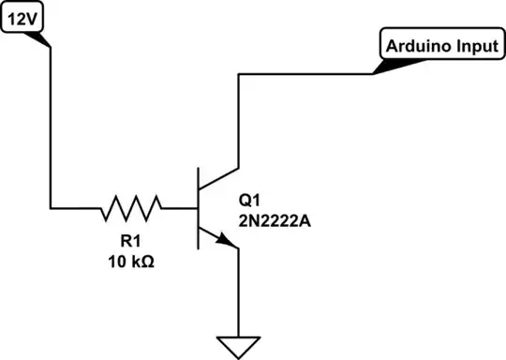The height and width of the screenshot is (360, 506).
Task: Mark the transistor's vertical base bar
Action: pos(200,206)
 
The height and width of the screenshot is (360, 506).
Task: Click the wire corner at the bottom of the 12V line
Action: pos(50,205)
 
